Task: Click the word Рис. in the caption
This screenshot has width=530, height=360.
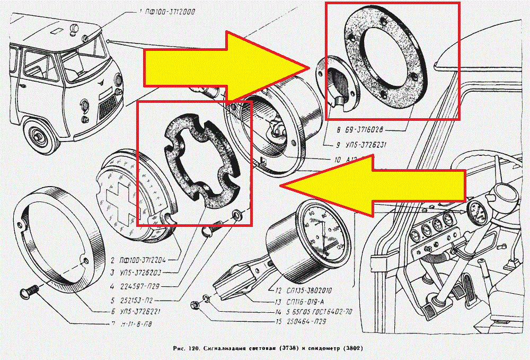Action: tap(179, 349)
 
